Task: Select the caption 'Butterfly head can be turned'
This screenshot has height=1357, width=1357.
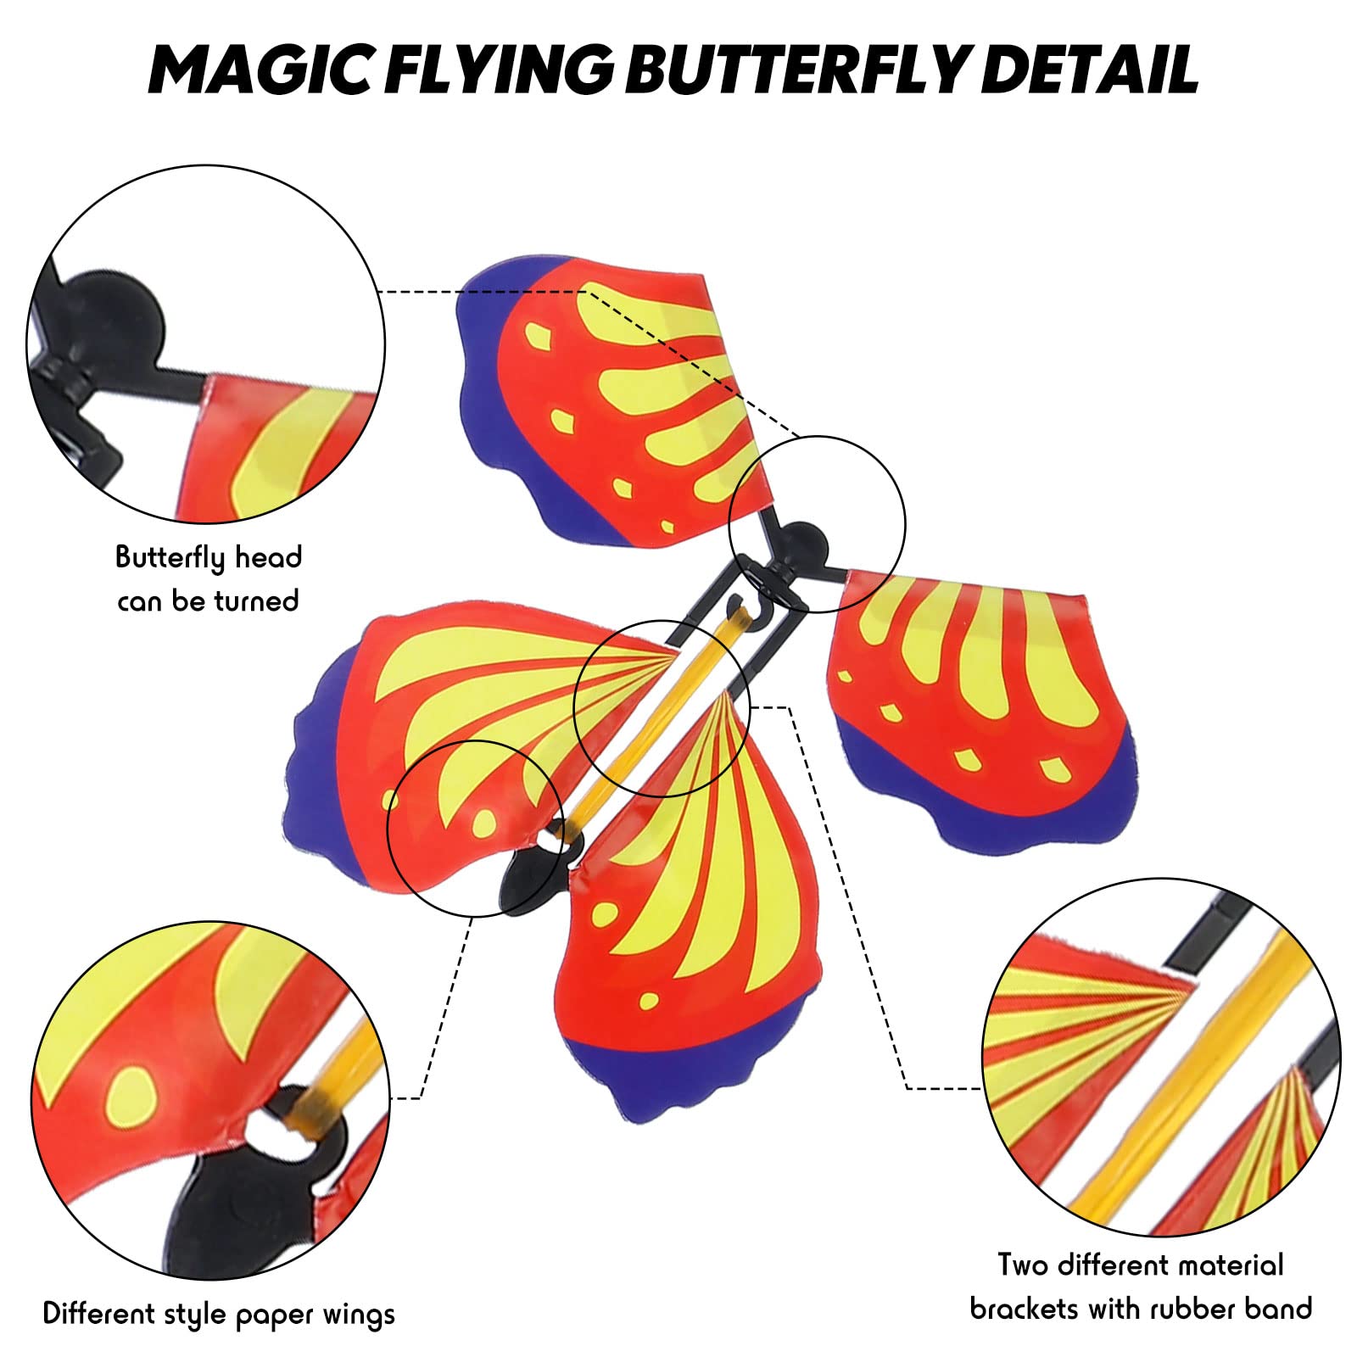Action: click(x=209, y=578)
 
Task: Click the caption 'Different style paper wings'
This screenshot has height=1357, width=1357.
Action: click(x=219, y=1314)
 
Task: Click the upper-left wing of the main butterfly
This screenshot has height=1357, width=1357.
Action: click(x=611, y=399)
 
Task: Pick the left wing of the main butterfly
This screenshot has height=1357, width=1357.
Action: click(x=441, y=746)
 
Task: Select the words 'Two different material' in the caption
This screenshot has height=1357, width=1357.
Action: click(x=1141, y=1265)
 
